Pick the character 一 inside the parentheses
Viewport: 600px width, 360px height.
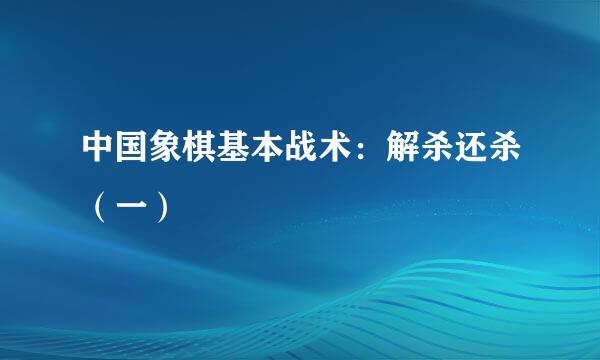click(134, 211)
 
